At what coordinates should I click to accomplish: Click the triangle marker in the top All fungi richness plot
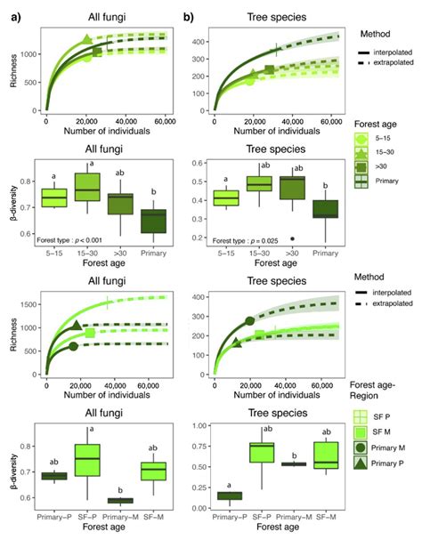tap(86, 40)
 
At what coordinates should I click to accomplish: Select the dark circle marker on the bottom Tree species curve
tap(250, 320)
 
